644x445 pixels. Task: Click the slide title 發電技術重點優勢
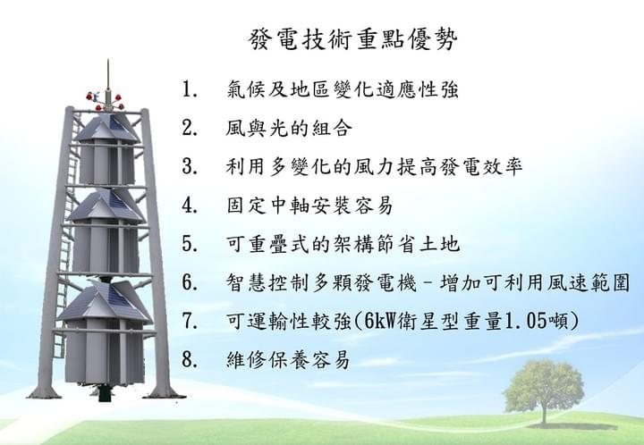[352, 40]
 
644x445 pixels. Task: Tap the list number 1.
[190, 89]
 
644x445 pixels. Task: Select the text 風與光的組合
[289, 128]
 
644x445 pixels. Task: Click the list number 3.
[190, 166]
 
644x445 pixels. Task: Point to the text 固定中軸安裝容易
[310, 205]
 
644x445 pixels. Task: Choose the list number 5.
[190, 243]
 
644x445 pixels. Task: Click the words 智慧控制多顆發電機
[321, 282]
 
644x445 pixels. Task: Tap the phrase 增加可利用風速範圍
[535, 282]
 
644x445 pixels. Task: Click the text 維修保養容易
[288, 360]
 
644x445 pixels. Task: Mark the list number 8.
[190, 359]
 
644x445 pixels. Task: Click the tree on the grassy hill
[544, 390]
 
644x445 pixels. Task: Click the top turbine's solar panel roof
[107, 128]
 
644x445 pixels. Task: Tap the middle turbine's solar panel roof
[106, 206]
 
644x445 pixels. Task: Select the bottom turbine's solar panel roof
[106, 300]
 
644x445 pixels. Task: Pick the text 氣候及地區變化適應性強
[342, 89]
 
